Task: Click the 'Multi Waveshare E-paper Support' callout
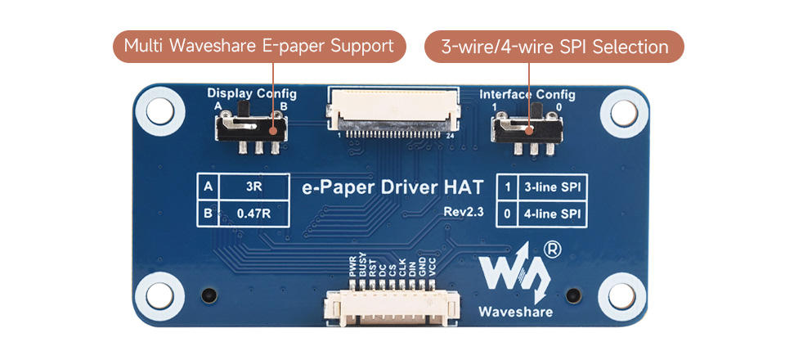[x=259, y=46]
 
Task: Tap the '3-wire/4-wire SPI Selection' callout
[x=554, y=47]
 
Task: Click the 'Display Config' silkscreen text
[x=252, y=94]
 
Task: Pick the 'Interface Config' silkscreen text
[x=527, y=94]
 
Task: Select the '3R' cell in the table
[x=253, y=186]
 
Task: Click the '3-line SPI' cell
[x=553, y=187]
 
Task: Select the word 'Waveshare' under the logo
[x=515, y=312]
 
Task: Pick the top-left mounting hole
[x=157, y=107]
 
